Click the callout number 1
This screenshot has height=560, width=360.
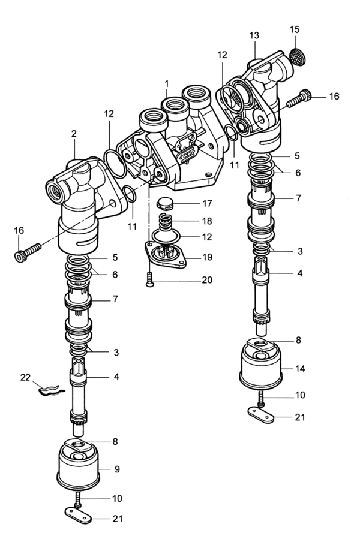pyautogui.click(x=167, y=84)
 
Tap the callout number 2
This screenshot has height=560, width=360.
pyautogui.click(x=74, y=134)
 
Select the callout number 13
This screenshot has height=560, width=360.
pyautogui.click(x=254, y=35)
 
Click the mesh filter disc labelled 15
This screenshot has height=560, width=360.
pyautogui.click(x=297, y=56)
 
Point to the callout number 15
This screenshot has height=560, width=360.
pyautogui.click(x=294, y=29)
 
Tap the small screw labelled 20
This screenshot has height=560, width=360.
pyautogui.click(x=149, y=279)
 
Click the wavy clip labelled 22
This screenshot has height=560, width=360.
pyautogui.click(x=50, y=390)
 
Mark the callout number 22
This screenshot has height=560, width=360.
pyautogui.click(x=25, y=377)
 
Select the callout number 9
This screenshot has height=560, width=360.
pyautogui.click(x=117, y=469)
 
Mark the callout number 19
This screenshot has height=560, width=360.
pyautogui.click(x=207, y=258)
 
